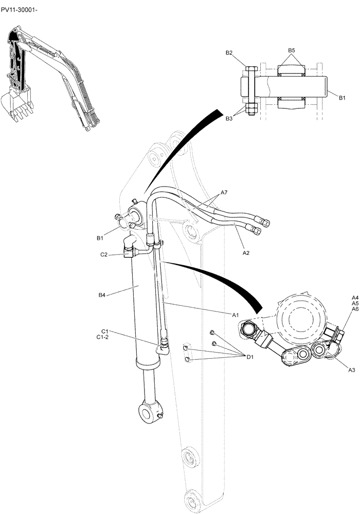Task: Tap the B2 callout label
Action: coord(229,53)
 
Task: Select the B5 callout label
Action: coord(291,50)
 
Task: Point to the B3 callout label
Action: coord(229,119)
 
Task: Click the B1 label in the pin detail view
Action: coord(343,96)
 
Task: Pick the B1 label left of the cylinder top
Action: coord(100,238)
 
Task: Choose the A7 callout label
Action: coord(224,193)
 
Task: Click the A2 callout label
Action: coord(246,253)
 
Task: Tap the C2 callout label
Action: coord(103,254)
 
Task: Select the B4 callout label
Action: coord(102,295)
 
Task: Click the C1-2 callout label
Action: coord(103,337)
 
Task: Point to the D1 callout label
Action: coord(250,356)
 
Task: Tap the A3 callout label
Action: coord(352,370)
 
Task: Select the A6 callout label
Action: coord(355,309)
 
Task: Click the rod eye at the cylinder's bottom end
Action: coord(150,411)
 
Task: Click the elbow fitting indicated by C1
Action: coord(164,347)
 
